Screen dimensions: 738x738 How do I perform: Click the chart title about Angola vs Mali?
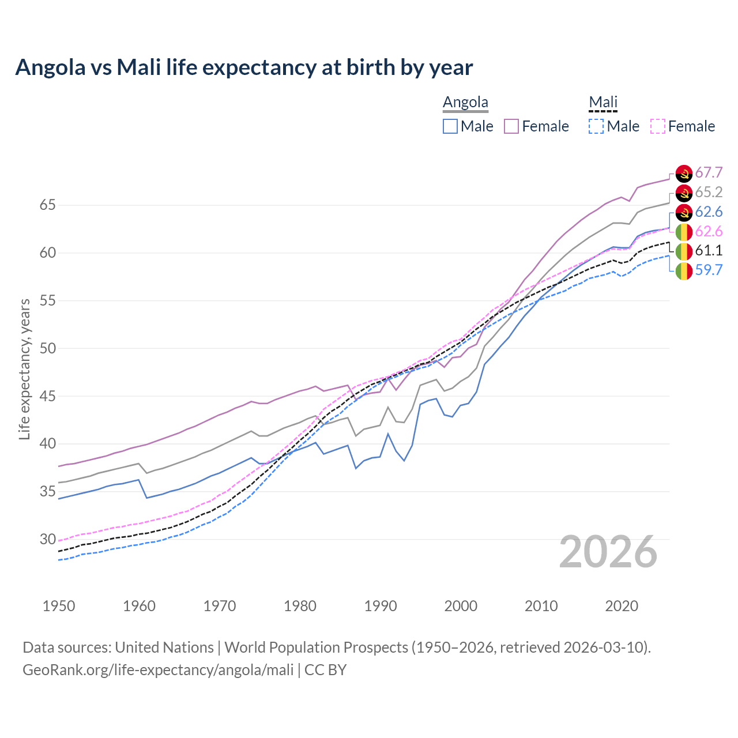coord(244,67)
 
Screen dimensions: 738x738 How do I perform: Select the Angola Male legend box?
coord(450,126)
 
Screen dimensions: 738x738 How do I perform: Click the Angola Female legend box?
coord(511,126)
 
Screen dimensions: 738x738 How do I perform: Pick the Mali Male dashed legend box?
coord(596,126)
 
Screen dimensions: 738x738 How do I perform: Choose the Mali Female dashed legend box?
coord(658,126)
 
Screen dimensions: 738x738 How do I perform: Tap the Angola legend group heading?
coord(465,102)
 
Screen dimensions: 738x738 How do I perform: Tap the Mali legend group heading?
coord(603,102)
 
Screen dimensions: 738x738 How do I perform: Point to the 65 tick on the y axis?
coord(47,205)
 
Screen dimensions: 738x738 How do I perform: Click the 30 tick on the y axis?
coord(47,540)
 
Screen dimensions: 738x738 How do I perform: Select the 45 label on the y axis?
coord(47,397)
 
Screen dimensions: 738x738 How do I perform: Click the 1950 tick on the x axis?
coord(59,606)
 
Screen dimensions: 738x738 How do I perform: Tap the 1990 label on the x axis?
coord(381,606)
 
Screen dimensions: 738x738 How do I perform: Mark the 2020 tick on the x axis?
coord(622,606)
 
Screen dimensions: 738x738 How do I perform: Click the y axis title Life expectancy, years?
coord(24,369)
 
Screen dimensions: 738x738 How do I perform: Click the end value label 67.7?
coord(709,173)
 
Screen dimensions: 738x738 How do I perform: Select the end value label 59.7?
coord(709,270)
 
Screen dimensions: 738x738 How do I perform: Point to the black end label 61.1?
coord(709,250)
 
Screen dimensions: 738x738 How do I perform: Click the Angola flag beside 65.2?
coord(684,193)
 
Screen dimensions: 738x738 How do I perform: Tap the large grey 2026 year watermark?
coord(608,552)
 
